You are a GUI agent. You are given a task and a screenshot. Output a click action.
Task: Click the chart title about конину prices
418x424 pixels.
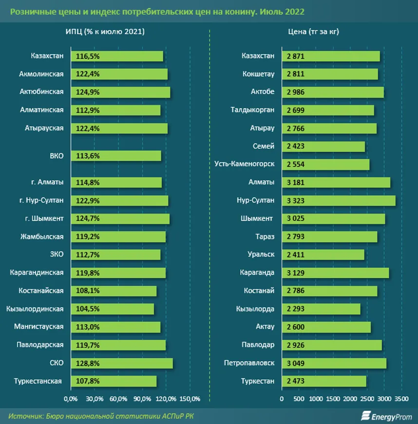(x=161, y=11)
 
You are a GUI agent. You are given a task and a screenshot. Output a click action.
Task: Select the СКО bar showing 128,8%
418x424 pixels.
(x=122, y=363)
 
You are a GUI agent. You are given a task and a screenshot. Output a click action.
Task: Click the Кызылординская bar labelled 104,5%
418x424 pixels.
(x=113, y=309)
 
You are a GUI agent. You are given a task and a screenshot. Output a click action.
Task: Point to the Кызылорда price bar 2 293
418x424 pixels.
(x=321, y=309)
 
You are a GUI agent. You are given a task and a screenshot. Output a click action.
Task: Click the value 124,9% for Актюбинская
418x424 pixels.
(x=88, y=92)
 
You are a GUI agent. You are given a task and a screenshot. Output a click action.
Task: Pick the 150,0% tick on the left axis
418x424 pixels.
(x=190, y=399)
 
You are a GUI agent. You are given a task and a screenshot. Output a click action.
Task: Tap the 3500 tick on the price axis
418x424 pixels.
(x=401, y=399)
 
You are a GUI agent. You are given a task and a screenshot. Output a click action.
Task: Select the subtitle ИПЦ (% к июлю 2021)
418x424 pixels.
(x=105, y=32)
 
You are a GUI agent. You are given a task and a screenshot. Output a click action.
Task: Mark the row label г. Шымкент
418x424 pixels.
(x=45, y=219)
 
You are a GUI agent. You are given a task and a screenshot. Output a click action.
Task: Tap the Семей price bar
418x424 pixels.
(x=323, y=147)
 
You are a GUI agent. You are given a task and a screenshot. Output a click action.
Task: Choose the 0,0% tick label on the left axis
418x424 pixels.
(x=71, y=399)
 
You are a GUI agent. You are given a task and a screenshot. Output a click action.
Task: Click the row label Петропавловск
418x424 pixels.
(x=249, y=363)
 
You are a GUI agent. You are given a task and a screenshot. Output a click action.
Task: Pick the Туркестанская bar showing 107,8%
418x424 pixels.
(x=114, y=381)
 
